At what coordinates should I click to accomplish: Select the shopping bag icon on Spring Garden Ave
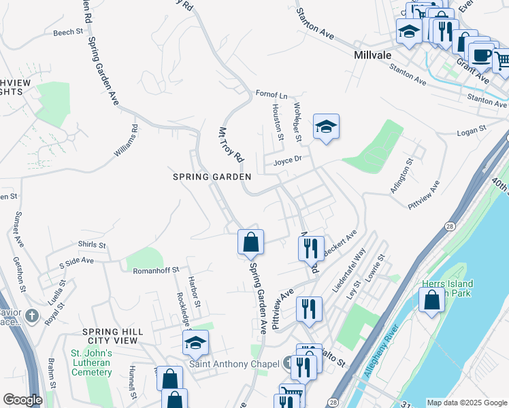point(250,241)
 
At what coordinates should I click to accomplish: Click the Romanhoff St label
point(155,270)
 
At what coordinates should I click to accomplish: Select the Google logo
point(22,400)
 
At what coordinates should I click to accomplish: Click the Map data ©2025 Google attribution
point(466,403)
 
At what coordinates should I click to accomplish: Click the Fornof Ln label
point(272,94)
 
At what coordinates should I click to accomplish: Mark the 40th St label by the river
point(500,184)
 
